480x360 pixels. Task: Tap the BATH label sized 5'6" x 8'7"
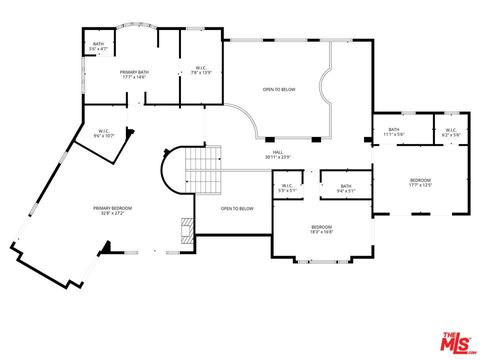[98, 45]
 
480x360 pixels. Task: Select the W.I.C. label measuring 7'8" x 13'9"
[201, 70]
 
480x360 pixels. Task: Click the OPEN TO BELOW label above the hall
[279, 89]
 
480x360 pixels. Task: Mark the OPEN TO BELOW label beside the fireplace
[237, 208]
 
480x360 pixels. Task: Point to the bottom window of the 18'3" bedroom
[321, 261]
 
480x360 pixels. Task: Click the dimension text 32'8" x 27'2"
[113, 213]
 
